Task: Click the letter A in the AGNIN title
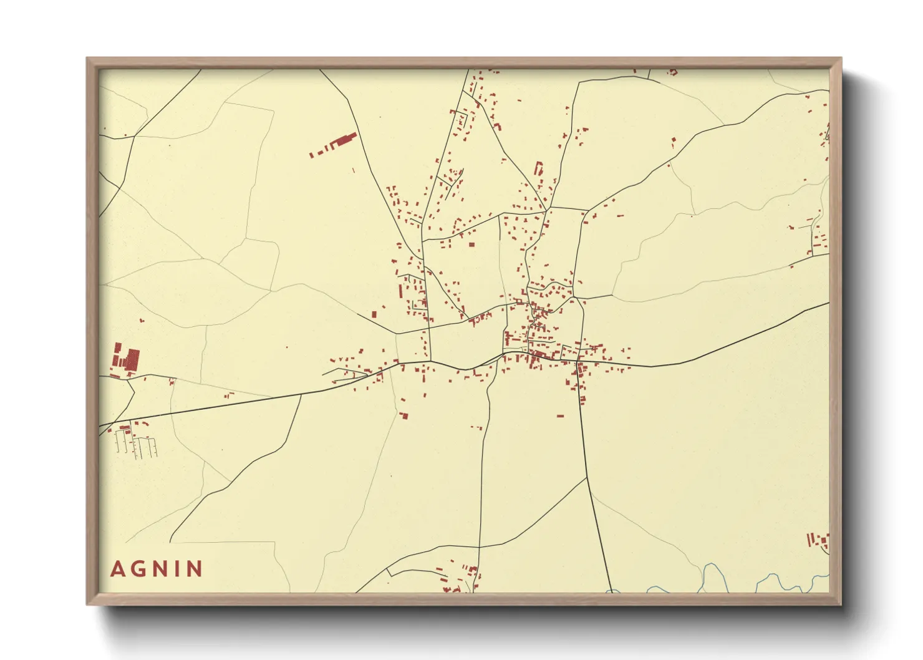(x=117, y=569)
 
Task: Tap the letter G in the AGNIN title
(x=137, y=569)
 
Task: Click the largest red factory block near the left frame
(x=132, y=360)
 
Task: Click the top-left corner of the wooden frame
(x=87, y=59)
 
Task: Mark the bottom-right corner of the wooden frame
(x=841, y=604)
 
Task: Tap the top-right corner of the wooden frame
(x=841, y=59)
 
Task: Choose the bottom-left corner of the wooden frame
(x=87, y=604)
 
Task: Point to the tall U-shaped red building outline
(x=538, y=168)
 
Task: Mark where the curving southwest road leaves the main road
(x=301, y=394)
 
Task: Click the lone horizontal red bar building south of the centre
(x=560, y=416)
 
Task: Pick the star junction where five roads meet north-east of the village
(x=547, y=208)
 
